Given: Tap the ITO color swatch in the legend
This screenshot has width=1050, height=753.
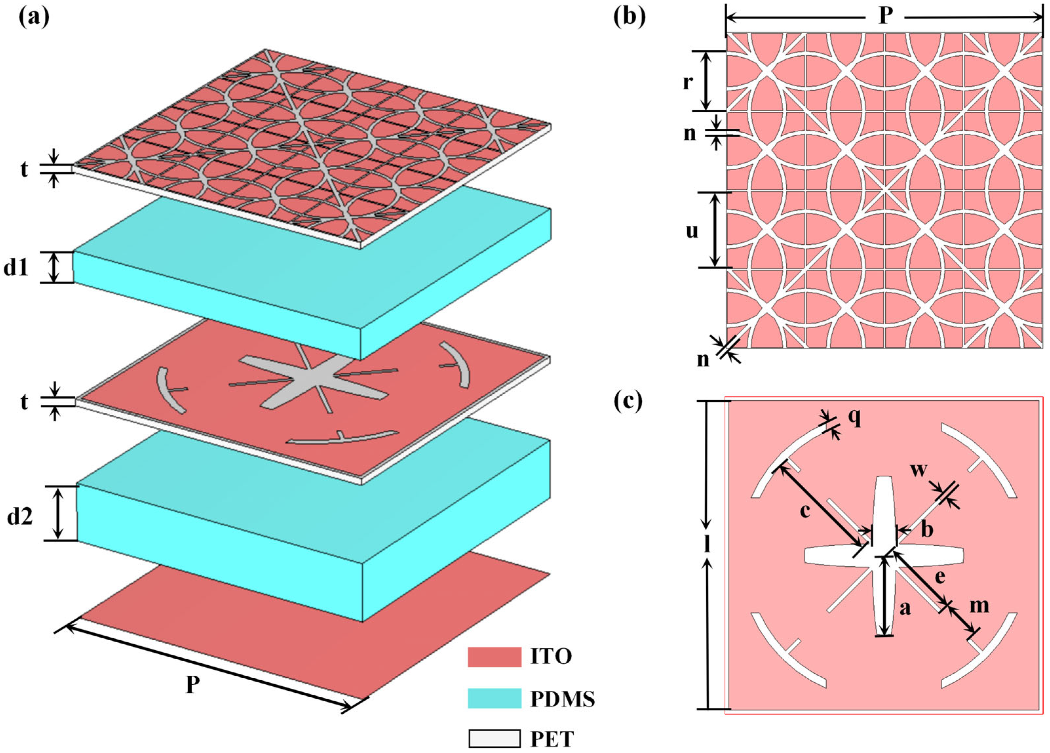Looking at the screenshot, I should click(494, 656).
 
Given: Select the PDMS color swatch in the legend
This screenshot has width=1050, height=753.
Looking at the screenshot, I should click(494, 698).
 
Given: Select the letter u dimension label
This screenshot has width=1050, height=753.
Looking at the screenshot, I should click(692, 230).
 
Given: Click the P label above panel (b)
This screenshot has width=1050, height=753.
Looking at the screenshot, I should click(885, 17).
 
